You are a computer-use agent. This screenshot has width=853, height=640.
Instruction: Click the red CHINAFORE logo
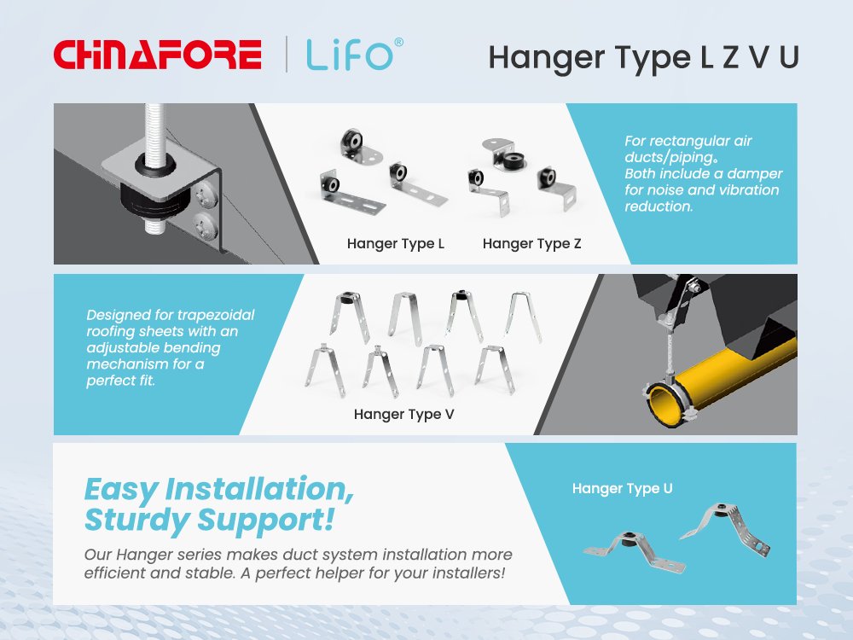(x=157, y=55)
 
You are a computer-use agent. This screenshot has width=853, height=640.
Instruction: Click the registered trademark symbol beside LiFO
(x=398, y=43)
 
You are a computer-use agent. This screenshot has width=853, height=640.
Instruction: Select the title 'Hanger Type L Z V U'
(x=643, y=58)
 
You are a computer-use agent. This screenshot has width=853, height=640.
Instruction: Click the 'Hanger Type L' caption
(x=396, y=244)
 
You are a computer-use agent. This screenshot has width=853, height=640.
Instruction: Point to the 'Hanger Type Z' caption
(x=531, y=244)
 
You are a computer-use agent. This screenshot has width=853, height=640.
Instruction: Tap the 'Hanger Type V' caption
(x=403, y=415)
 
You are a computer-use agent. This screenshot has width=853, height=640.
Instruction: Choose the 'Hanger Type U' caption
(x=622, y=489)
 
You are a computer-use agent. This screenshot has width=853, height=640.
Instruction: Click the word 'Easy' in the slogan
(x=121, y=490)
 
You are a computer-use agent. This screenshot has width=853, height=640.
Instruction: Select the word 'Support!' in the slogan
(x=265, y=520)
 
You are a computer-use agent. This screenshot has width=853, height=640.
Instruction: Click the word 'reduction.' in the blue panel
(x=659, y=207)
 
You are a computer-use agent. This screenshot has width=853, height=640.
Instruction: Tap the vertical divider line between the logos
(x=287, y=55)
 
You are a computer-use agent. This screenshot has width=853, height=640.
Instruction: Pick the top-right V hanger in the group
(x=524, y=317)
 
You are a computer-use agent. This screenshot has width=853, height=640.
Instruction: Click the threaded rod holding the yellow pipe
(x=670, y=347)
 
